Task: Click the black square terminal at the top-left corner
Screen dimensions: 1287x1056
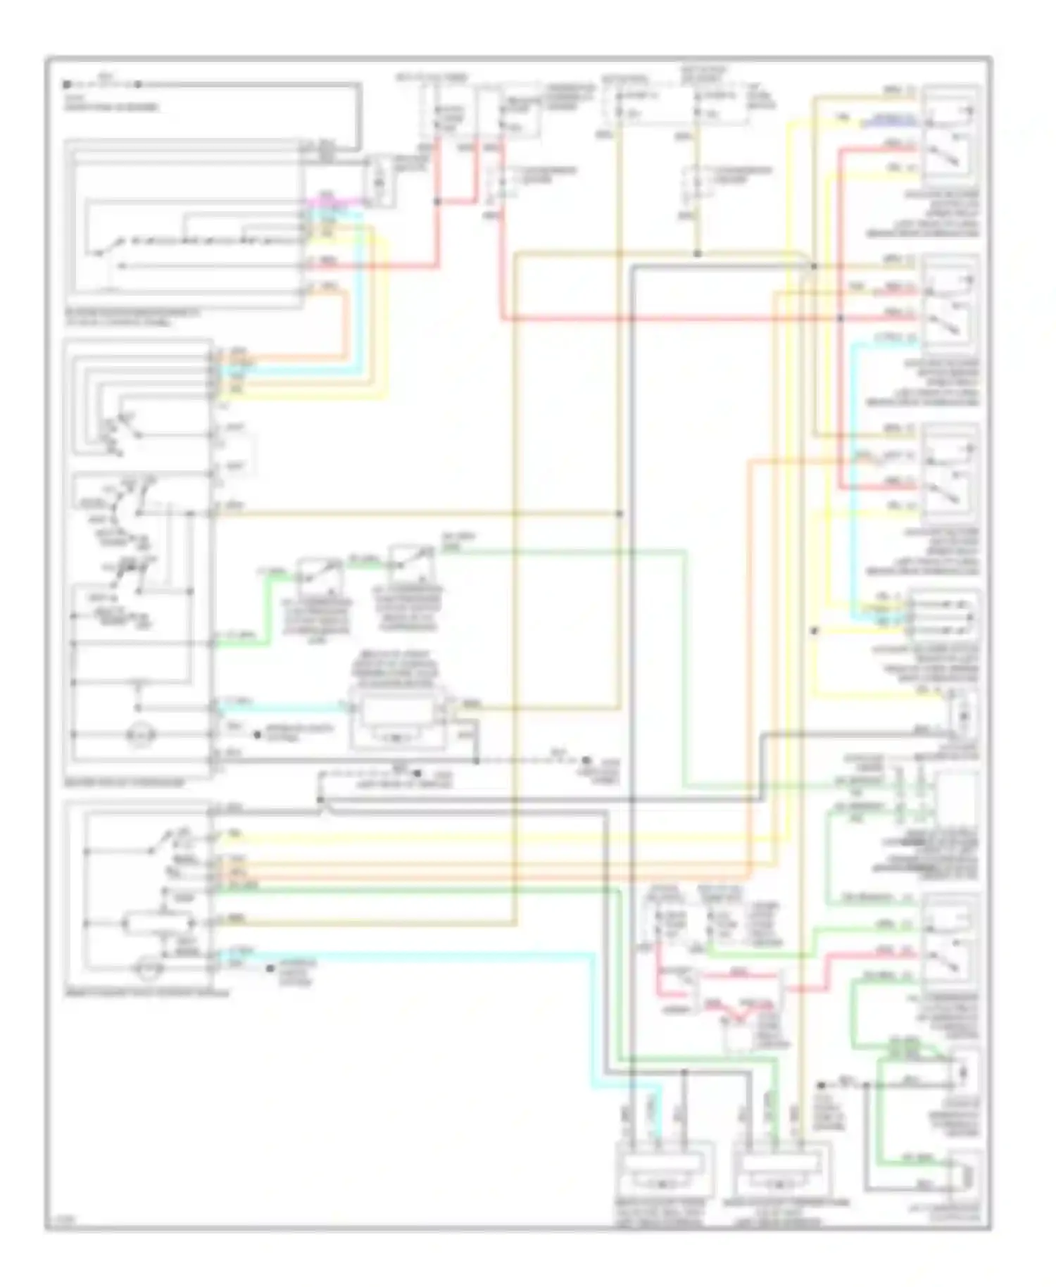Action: (x=66, y=84)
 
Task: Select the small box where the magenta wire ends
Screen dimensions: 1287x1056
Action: (x=378, y=181)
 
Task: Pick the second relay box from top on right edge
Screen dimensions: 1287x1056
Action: (x=950, y=306)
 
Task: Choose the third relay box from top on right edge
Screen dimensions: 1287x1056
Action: (x=950, y=475)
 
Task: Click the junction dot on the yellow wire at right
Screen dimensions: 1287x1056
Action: (x=815, y=631)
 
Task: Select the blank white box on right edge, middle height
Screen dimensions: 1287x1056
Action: (x=955, y=796)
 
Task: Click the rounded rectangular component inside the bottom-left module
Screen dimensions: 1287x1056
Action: (x=159, y=922)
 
